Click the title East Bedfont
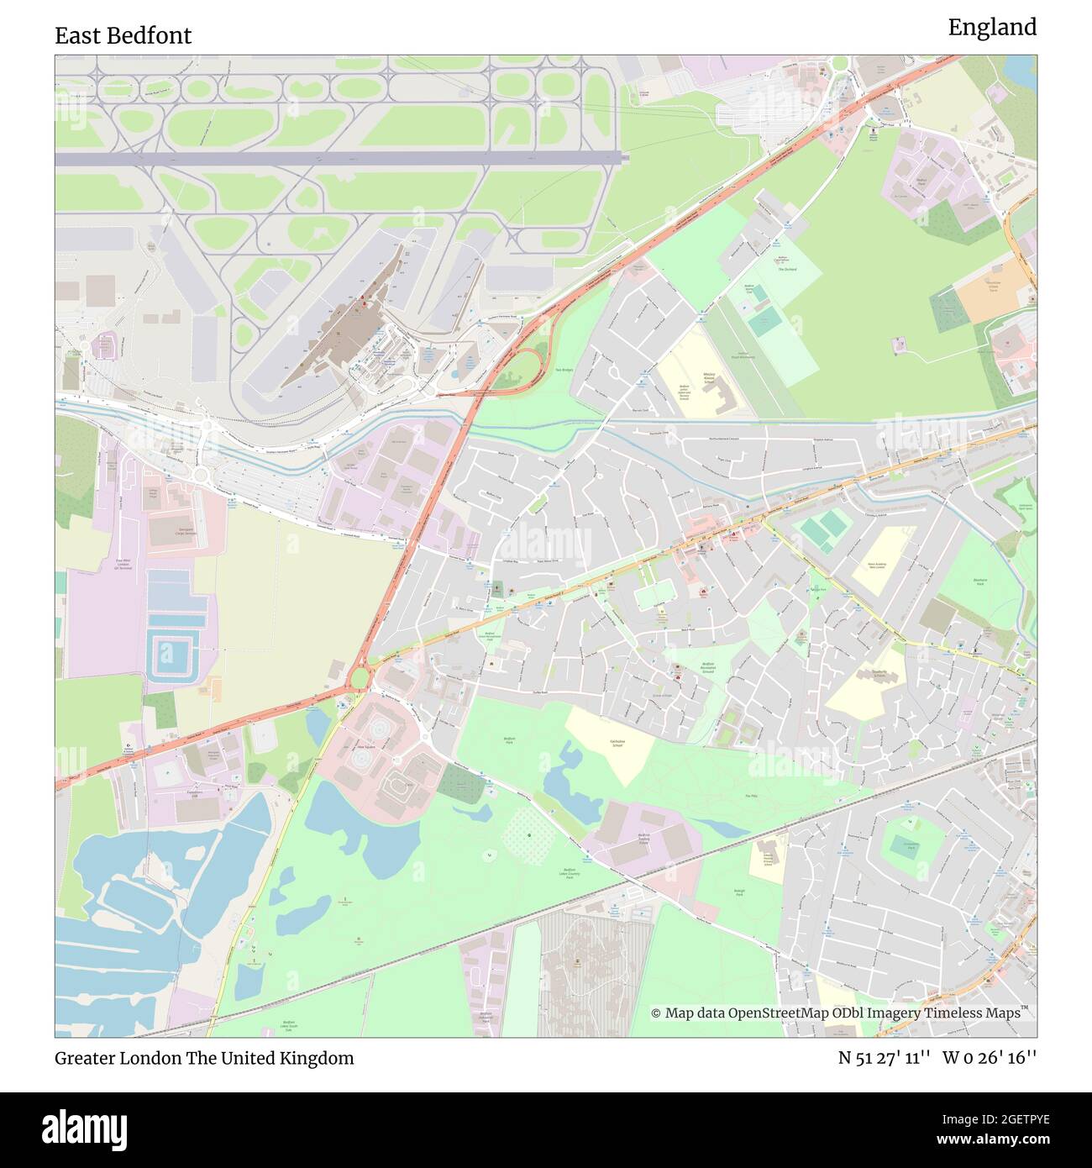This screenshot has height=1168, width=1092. coord(123,35)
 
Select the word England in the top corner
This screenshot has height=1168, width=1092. coord(992,28)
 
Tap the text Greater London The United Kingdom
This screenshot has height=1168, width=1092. coord(204,1058)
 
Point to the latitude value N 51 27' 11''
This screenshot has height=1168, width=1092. coord(884,1058)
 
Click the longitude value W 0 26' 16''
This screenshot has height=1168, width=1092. coord(990,1058)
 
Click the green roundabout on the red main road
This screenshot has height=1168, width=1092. coord(360,677)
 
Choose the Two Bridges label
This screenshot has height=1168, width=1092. coord(564,371)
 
